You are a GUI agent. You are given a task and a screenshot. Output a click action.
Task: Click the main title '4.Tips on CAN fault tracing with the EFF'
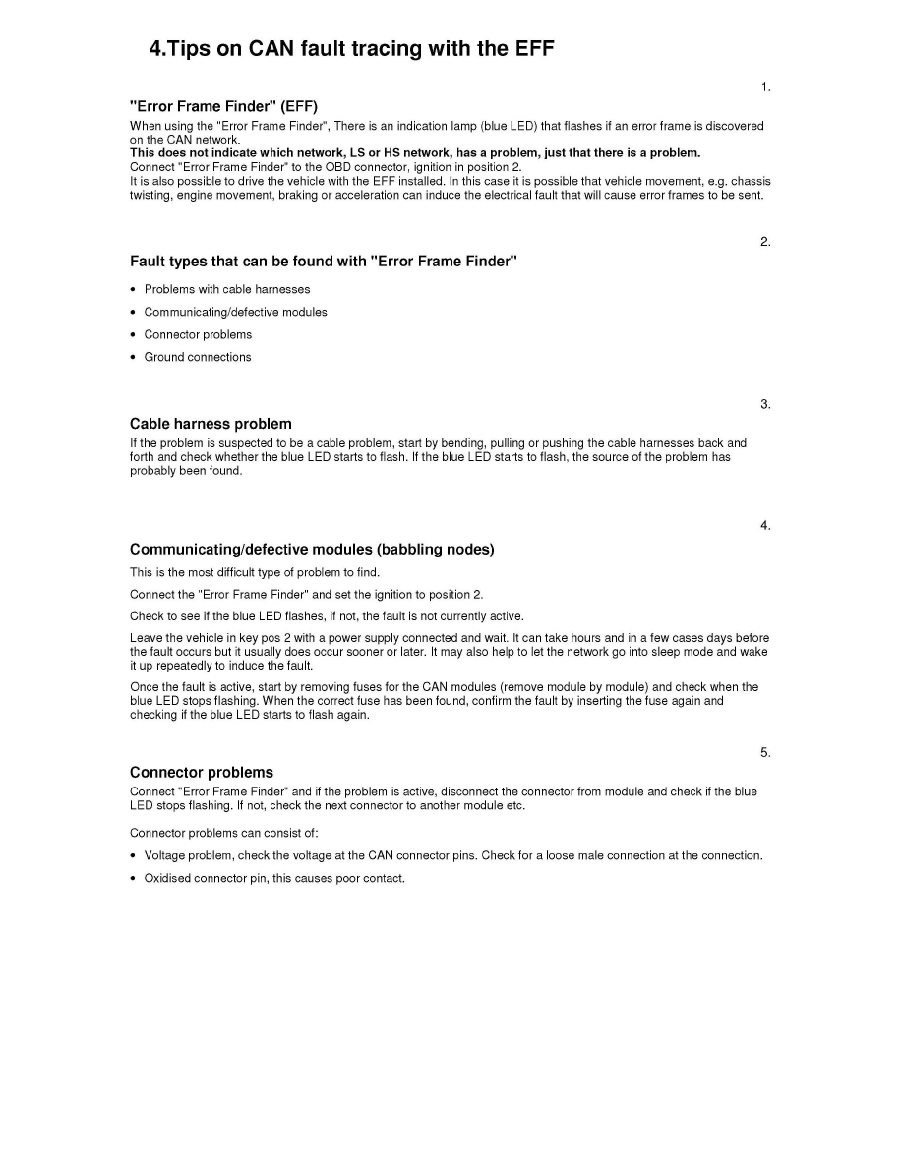[351, 48]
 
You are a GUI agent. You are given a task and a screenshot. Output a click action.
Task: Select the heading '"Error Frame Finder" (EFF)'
[224, 106]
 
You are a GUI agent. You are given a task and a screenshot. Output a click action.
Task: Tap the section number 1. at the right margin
[765, 88]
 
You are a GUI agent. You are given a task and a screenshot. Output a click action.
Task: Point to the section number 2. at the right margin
[765, 242]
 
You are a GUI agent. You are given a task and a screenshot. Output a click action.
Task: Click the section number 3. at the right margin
[765, 404]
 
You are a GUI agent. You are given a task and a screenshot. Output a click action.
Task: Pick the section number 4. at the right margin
[765, 526]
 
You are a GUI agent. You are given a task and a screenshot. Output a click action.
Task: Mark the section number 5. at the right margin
[765, 753]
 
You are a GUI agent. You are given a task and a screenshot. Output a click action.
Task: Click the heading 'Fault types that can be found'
[324, 262]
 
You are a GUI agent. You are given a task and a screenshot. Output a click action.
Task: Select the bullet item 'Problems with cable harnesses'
[227, 289]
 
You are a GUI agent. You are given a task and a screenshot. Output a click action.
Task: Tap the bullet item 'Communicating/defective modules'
[236, 312]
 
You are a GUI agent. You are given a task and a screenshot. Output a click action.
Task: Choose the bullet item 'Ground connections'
[198, 357]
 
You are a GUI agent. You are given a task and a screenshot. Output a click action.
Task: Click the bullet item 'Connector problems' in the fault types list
[198, 334]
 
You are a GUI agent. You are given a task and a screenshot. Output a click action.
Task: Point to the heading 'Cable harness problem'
[211, 424]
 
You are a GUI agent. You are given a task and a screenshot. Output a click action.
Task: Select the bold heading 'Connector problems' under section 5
[202, 772]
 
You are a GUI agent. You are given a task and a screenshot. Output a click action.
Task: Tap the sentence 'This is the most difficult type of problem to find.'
[255, 572]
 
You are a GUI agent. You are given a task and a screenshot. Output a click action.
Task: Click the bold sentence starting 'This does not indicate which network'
[415, 153]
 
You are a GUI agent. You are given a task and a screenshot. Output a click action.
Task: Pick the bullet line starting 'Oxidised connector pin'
[274, 878]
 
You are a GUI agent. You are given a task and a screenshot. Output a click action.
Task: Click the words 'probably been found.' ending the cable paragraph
[186, 471]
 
